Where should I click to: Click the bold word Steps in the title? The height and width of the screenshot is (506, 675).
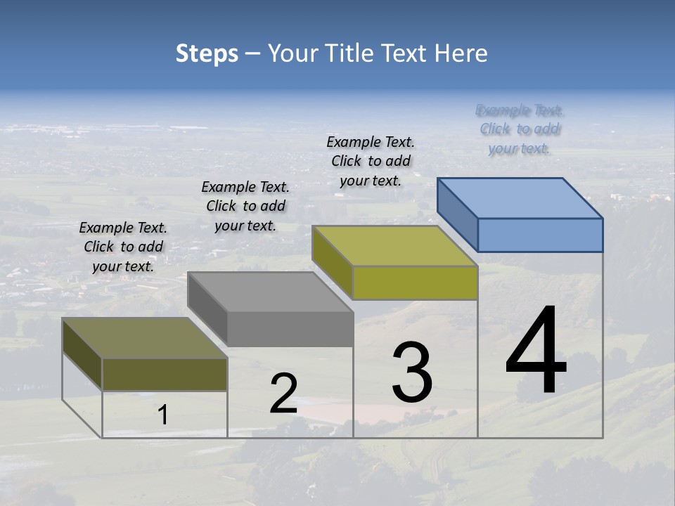(x=207, y=53)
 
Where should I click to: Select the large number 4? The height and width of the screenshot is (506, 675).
(x=536, y=351)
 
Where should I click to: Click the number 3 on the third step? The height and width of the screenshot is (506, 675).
(x=412, y=372)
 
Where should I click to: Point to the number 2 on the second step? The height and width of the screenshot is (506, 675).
(x=283, y=394)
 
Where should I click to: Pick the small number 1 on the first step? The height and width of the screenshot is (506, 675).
(x=163, y=415)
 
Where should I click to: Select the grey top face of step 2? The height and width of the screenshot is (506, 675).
(x=271, y=292)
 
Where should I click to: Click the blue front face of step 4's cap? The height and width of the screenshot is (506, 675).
(x=540, y=235)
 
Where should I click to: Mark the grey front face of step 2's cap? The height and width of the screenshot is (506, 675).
(x=290, y=329)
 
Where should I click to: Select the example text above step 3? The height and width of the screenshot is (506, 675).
(x=371, y=161)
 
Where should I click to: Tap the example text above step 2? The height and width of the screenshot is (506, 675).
(x=245, y=206)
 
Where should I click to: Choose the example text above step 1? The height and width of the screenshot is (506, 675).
(x=123, y=247)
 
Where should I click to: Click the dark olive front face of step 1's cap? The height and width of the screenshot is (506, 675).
(x=165, y=374)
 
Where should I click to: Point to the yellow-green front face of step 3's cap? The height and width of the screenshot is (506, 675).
(x=415, y=283)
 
